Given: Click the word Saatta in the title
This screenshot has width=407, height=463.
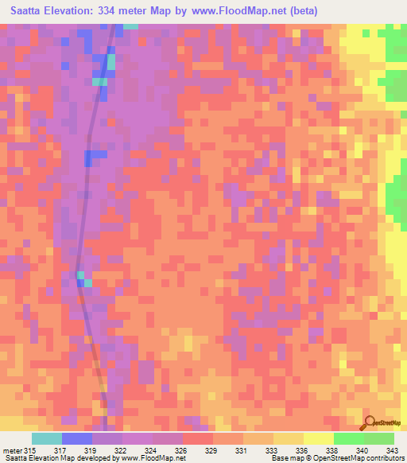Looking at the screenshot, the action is pyautogui.click(x=30, y=12).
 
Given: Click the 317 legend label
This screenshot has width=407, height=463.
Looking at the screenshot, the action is pyautogui.click(x=60, y=451).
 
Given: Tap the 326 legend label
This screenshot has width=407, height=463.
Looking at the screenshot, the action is pyautogui.click(x=182, y=451).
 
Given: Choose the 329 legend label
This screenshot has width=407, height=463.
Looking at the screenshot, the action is pyautogui.click(x=212, y=451).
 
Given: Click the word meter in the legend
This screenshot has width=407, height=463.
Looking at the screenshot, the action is pyautogui.click(x=11, y=451).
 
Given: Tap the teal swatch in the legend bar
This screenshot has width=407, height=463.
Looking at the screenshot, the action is pyautogui.click(x=46, y=438).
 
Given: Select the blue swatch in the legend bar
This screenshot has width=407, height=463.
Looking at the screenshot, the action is pyautogui.click(x=76, y=438).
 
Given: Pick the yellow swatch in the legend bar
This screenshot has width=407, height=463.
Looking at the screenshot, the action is pyautogui.click(x=318, y=438).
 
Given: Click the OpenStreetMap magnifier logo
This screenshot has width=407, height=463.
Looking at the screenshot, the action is pyautogui.click(x=370, y=423).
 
